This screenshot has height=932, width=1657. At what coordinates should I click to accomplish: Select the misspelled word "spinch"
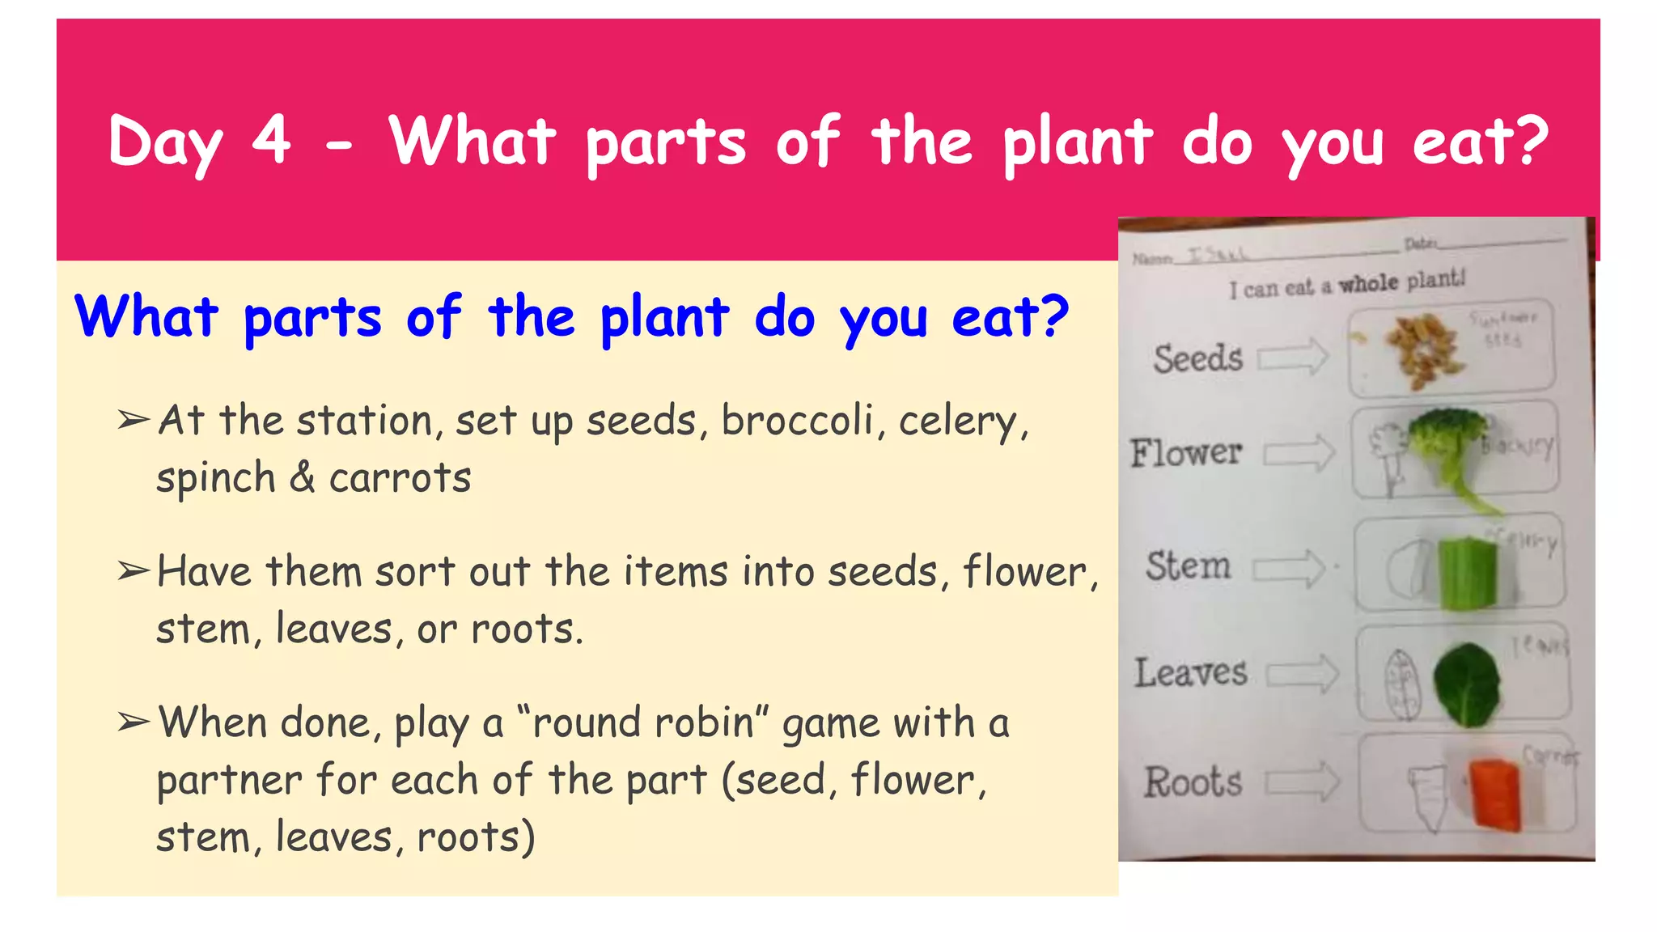(x=216, y=477)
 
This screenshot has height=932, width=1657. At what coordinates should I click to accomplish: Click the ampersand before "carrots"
(x=302, y=477)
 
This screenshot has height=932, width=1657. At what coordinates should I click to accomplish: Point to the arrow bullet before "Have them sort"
(x=133, y=571)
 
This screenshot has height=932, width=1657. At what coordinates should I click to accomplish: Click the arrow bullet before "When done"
(x=133, y=722)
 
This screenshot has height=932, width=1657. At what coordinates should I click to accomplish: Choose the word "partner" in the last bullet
(x=230, y=780)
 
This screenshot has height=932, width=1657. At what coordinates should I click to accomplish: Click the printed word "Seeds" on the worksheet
(x=1197, y=358)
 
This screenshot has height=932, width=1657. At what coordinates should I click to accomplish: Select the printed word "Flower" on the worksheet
(x=1186, y=452)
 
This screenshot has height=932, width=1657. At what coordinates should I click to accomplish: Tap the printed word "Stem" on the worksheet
(x=1188, y=566)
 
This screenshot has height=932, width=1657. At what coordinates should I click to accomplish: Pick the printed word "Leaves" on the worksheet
(x=1190, y=673)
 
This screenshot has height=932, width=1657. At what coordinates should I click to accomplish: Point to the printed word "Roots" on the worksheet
(x=1193, y=782)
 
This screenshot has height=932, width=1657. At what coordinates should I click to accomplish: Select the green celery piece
(x=1467, y=574)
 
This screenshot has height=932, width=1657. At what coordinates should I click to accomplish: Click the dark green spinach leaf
(x=1466, y=684)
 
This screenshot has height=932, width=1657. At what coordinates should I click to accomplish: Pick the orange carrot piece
(x=1495, y=794)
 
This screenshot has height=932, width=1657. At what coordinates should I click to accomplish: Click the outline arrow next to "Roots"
(x=1303, y=782)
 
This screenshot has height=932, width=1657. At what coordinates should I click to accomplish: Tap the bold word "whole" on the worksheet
(x=1368, y=283)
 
